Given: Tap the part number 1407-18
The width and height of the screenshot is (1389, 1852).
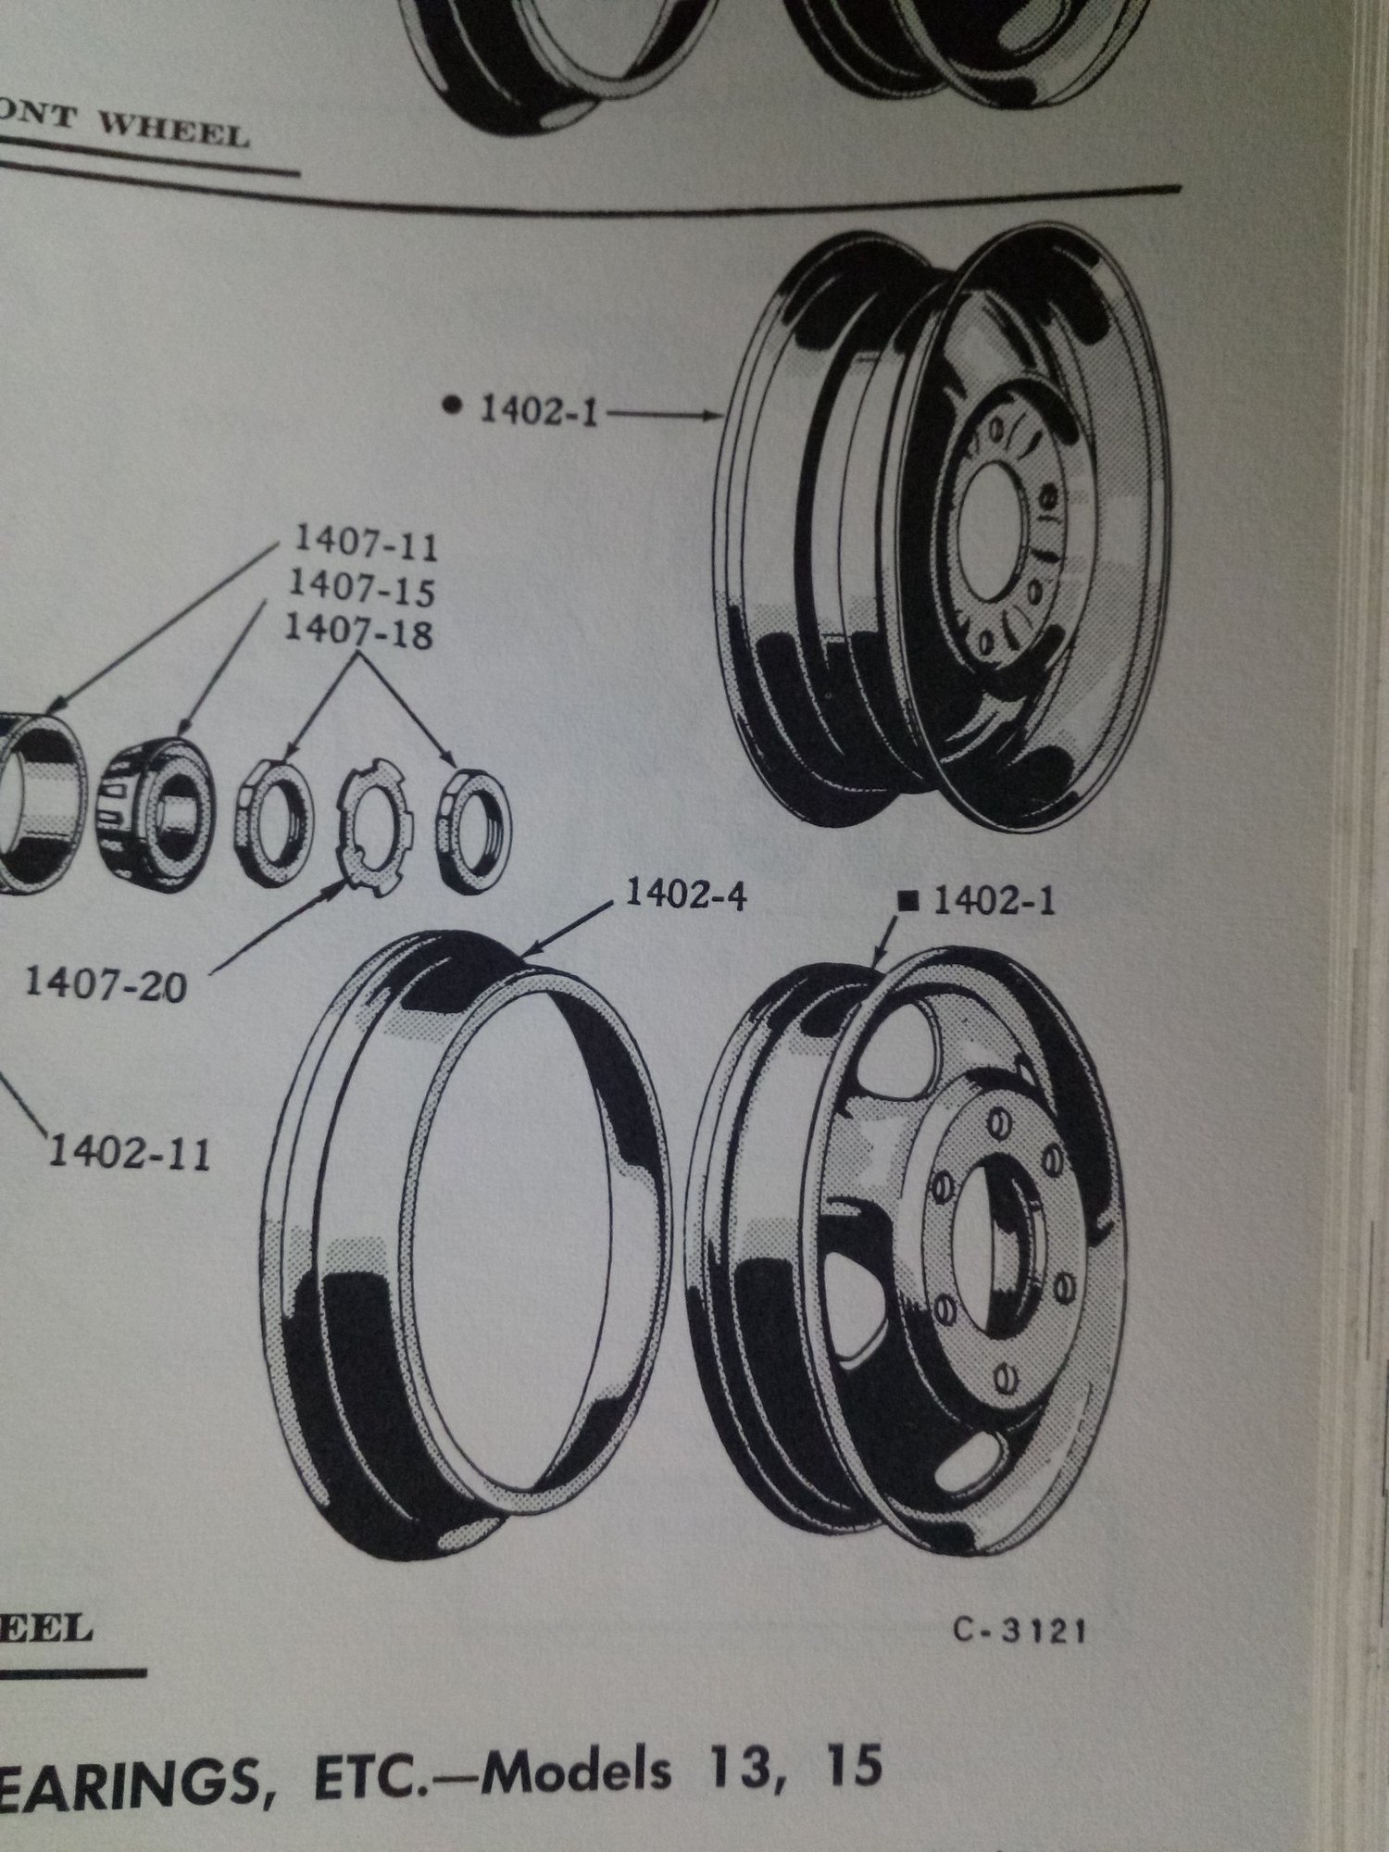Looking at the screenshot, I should click(358, 632).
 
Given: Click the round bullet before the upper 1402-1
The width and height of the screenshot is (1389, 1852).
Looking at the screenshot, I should click(452, 405).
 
